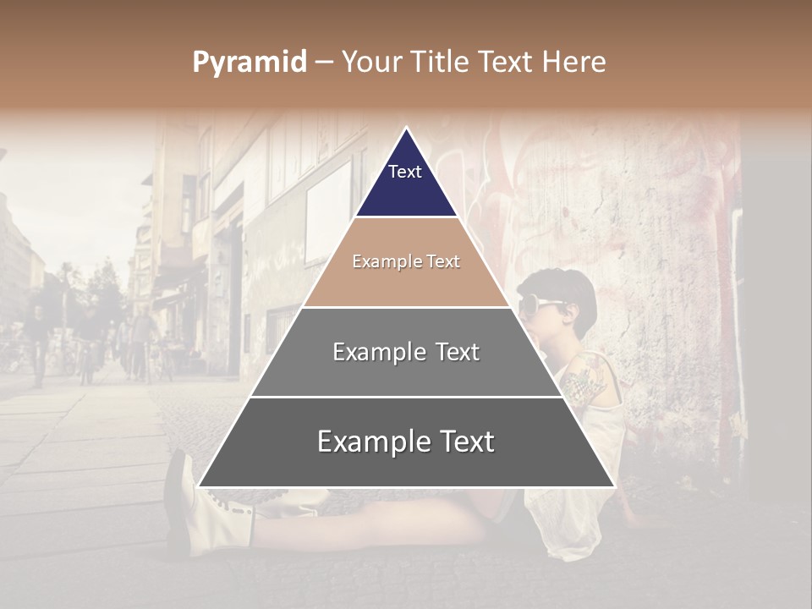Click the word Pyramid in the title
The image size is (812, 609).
250,63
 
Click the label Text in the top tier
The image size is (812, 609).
405,172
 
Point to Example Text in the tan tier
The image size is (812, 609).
406,261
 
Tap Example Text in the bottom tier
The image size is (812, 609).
406,442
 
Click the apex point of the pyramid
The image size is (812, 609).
407,129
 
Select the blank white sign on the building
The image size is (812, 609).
329,211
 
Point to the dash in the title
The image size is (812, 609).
324,63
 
